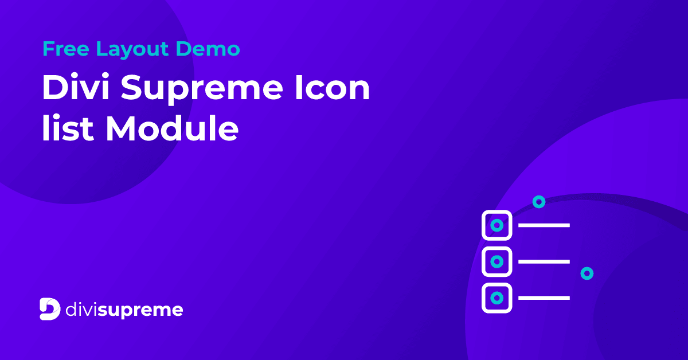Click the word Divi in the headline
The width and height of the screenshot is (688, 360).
(75, 89)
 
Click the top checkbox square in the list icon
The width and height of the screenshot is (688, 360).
(497, 225)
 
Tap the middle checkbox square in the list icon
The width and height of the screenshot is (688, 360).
(497, 261)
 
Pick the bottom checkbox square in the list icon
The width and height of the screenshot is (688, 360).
(497, 298)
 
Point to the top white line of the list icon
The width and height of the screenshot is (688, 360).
(544, 225)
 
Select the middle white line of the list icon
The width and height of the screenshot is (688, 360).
(544, 261)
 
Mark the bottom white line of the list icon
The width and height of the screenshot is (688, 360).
(544, 298)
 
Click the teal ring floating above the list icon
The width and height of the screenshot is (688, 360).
(538, 202)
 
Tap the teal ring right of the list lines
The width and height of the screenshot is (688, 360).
(587, 273)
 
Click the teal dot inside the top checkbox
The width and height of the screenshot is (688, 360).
(497, 225)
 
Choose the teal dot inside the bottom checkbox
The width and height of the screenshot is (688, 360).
(497, 298)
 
